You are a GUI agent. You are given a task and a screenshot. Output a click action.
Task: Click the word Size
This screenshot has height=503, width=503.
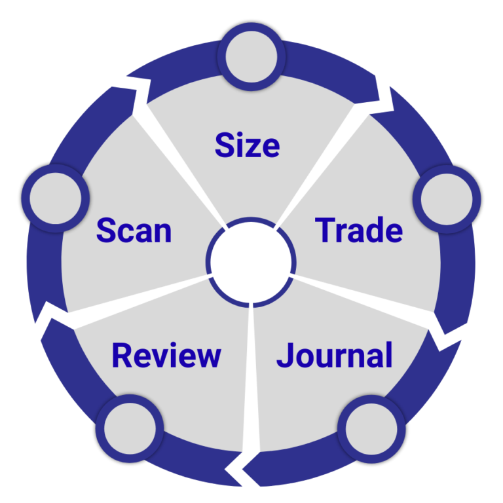247,145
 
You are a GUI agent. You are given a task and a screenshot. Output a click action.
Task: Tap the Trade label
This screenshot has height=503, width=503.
359,231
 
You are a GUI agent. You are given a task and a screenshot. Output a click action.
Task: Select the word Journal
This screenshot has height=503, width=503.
335,356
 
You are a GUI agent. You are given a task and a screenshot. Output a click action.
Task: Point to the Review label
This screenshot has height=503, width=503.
166,356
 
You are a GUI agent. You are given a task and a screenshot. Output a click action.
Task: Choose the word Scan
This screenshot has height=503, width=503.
134,231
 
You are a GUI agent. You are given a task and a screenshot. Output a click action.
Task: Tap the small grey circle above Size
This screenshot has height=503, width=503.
252,55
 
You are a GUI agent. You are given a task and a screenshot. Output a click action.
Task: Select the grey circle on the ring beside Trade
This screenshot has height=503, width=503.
447,197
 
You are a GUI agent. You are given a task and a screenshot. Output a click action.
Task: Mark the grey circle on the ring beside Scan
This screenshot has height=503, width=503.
55,196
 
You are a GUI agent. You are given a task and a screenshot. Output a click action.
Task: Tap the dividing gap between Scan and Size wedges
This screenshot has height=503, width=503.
183,164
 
